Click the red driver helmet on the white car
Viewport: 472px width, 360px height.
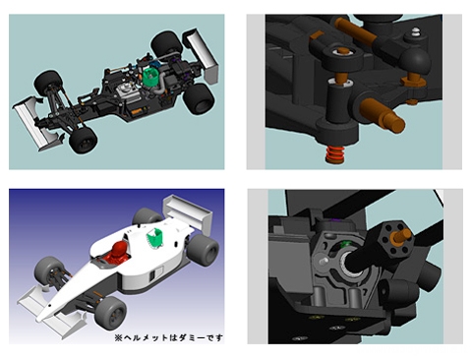point(120,253)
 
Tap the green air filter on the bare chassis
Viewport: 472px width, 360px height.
point(150,77)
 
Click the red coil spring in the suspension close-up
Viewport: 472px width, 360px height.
point(334,154)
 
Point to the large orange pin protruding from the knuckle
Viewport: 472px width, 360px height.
point(383,116)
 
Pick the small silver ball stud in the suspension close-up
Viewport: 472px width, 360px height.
point(416,31)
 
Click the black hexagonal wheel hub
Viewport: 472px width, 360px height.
point(395,239)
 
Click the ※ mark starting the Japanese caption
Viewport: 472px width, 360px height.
point(118,337)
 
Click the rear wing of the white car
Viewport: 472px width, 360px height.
point(189,213)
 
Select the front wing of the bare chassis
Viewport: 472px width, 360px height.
point(36,123)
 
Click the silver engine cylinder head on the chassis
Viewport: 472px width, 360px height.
point(125,90)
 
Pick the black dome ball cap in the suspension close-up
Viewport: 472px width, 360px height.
point(415,62)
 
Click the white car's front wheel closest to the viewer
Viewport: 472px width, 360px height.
point(110,312)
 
